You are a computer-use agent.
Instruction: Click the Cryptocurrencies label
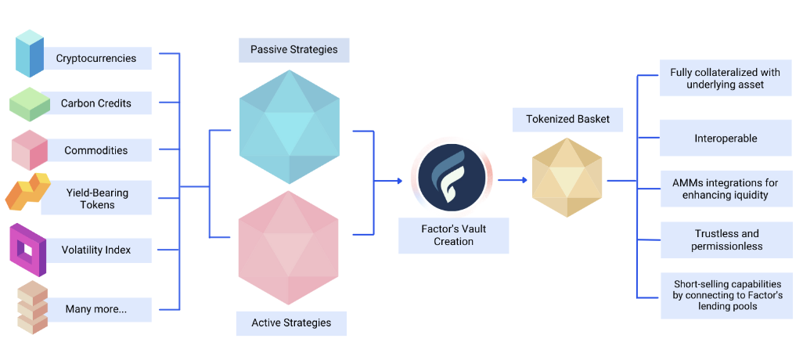[96, 58]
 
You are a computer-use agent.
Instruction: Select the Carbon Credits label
[96, 103]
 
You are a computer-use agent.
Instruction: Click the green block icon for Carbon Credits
[30, 104]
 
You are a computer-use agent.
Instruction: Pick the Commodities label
[95, 150]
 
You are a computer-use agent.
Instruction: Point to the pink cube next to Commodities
[30, 150]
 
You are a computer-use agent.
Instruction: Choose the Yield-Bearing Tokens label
[96, 199]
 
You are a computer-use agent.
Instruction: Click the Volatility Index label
[95, 250]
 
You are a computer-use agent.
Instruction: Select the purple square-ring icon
[28, 249]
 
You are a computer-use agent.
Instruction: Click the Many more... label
[96, 309]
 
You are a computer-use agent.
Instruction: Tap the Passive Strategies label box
[293, 49]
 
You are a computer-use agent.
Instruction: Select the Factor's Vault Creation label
[453, 236]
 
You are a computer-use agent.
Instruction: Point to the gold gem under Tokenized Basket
[567, 181]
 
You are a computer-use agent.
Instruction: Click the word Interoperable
[726, 139]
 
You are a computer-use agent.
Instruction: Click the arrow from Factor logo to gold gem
[512, 180]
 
